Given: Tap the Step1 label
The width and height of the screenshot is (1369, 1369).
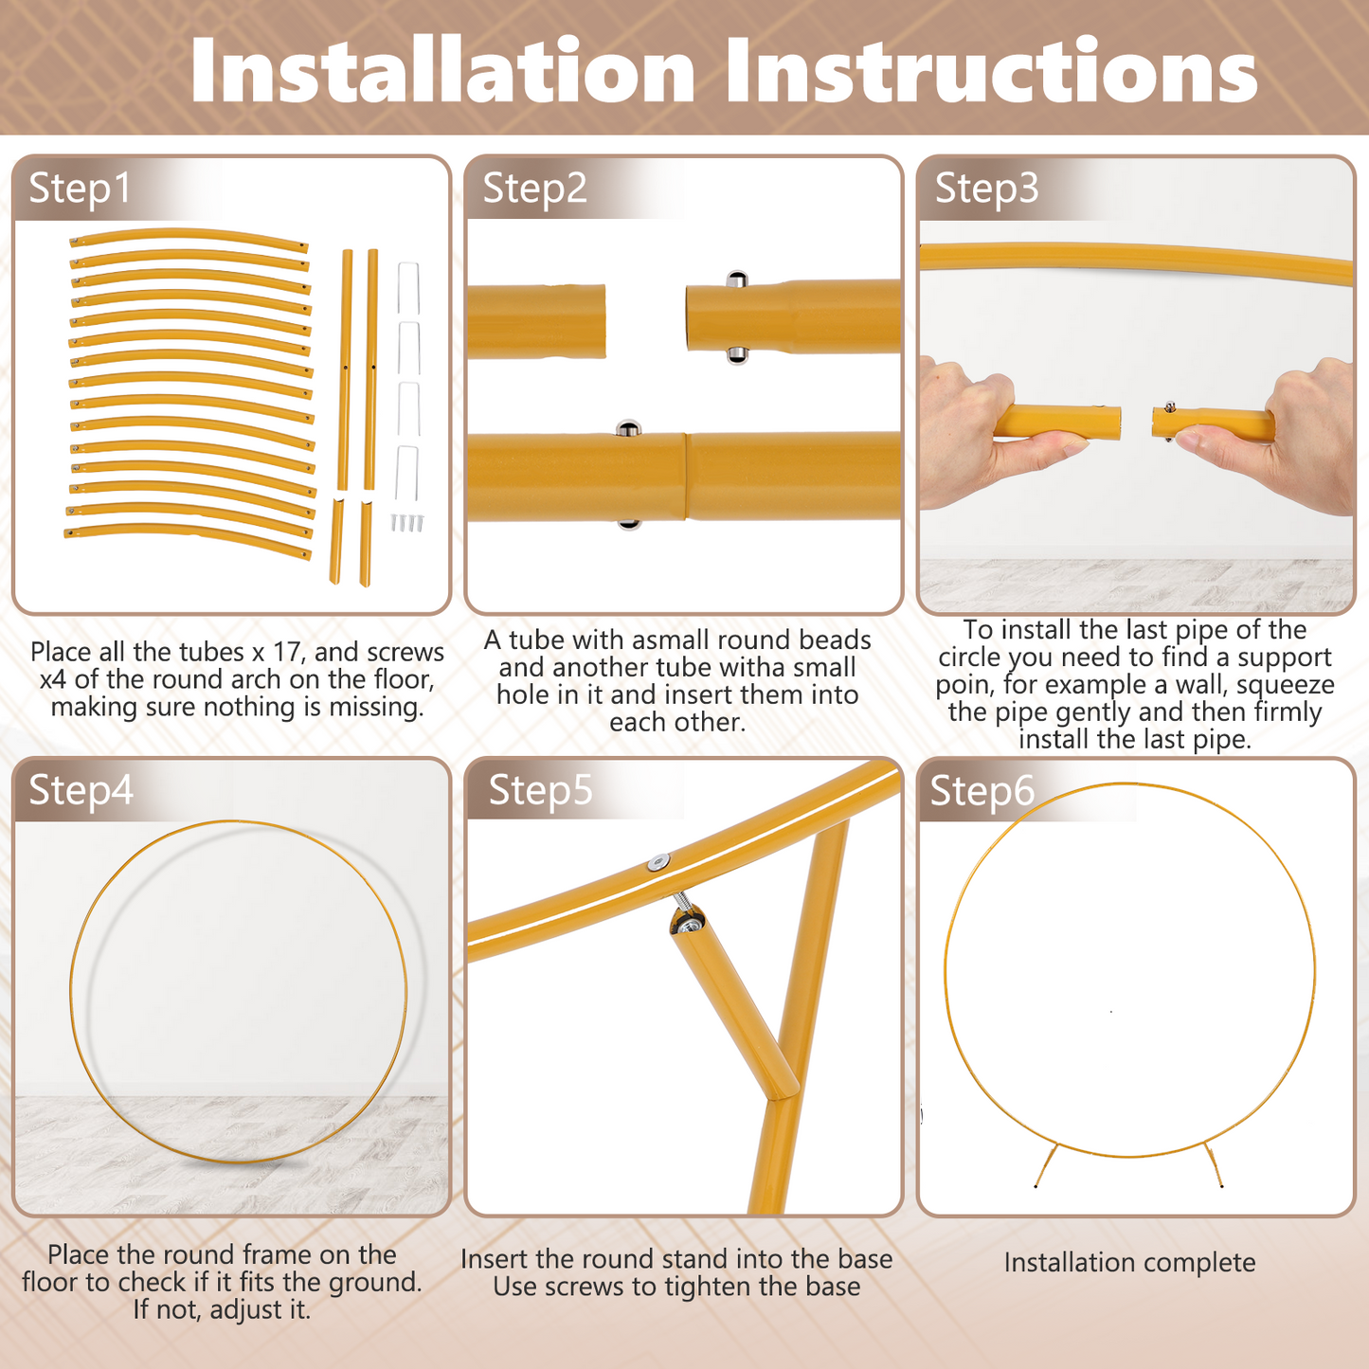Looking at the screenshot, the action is (x=80, y=189).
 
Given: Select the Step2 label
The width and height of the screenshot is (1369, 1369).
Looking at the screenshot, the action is (x=534, y=189).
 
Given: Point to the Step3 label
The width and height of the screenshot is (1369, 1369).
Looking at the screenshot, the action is (x=987, y=189).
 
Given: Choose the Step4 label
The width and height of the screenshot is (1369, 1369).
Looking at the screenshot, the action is (x=81, y=790).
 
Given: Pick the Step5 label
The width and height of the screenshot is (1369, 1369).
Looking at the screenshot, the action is (x=540, y=790).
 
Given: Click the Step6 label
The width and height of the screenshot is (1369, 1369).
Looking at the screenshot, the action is (x=982, y=790).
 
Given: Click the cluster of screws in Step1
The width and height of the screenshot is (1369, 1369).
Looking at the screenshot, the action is (x=407, y=522).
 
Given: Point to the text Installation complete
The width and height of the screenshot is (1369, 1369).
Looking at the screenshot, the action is (x=1129, y=1263).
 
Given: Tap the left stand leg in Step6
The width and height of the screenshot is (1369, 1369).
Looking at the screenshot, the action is (x=1047, y=1164).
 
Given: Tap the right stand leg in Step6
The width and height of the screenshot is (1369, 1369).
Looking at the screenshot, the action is (x=1213, y=1164).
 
